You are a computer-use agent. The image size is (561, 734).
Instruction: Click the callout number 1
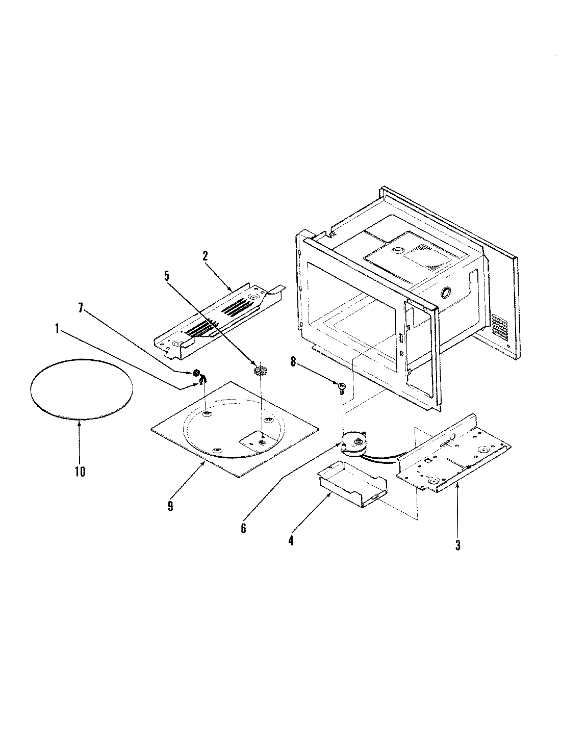pos(57,330)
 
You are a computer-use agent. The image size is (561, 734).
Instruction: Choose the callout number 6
pos(243,528)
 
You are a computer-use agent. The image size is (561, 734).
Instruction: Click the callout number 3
pos(457,545)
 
